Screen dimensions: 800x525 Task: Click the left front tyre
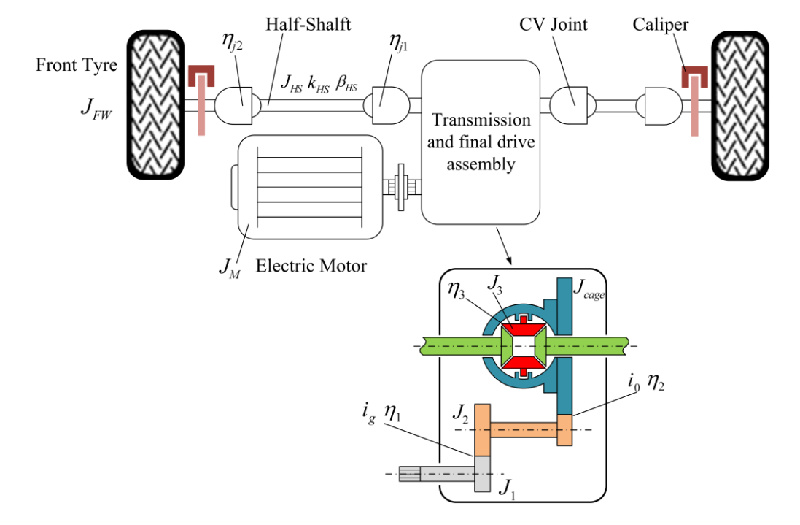tap(155, 104)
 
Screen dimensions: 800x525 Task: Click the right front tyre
tap(739, 106)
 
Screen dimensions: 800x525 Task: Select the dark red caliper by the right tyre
tap(694, 76)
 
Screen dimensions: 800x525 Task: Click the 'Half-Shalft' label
tap(308, 24)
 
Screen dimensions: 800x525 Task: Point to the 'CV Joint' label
tap(553, 24)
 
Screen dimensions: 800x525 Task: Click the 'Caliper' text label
tap(660, 25)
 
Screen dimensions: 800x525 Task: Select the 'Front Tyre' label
tap(77, 66)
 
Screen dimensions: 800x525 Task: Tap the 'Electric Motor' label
tap(311, 266)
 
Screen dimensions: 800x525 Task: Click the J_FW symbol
tap(96, 108)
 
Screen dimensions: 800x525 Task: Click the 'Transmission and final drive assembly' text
tap(481, 142)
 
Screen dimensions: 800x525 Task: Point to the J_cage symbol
tap(589, 289)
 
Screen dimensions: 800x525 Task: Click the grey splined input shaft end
tap(410, 475)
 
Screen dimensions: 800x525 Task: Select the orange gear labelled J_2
tap(483, 429)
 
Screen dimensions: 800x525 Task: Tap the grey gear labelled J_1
tap(483, 474)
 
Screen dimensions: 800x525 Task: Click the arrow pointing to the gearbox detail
tap(504, 247)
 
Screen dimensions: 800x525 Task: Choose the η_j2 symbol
tap(232, 42)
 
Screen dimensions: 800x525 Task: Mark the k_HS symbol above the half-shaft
tap(319, 85)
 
